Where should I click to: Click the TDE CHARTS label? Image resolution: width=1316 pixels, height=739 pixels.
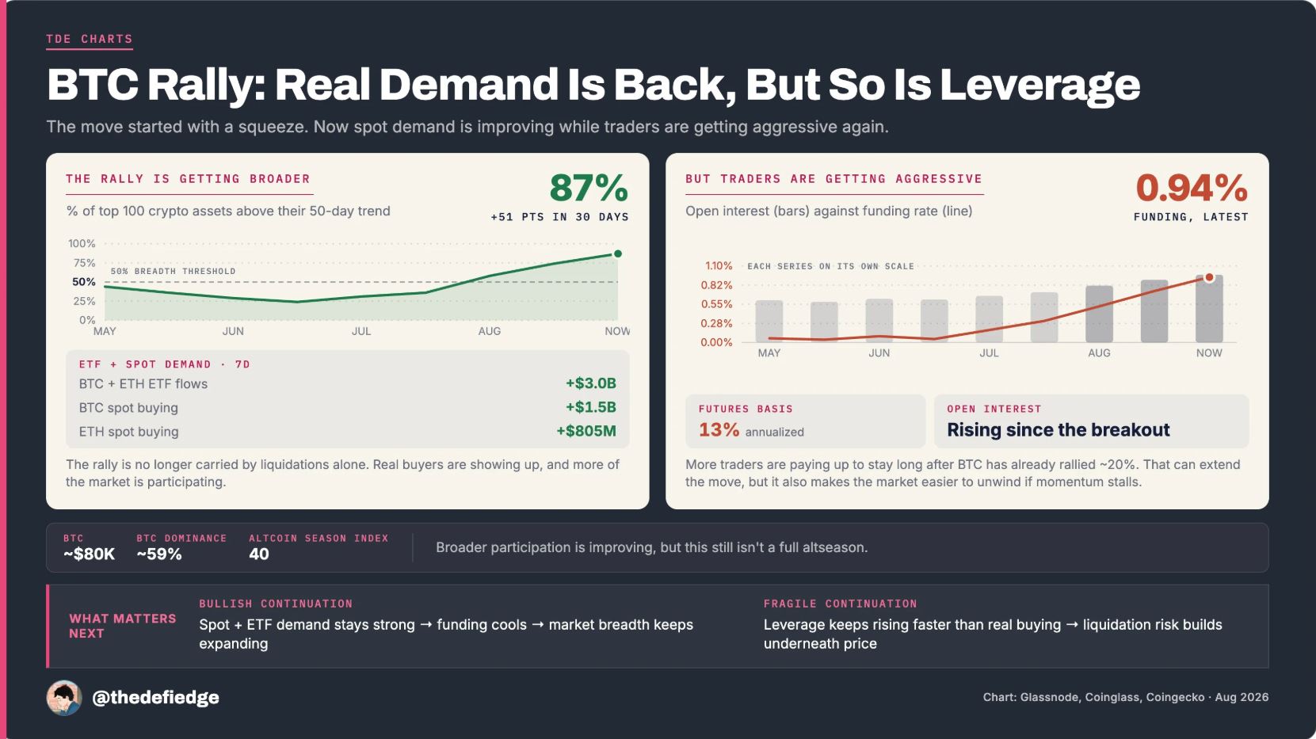(90, 39)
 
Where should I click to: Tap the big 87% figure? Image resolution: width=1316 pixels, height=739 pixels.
(589, 188)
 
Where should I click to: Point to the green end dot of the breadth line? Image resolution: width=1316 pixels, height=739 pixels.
(617, 253)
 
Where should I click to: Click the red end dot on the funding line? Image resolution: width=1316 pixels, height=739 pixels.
(1209, 277)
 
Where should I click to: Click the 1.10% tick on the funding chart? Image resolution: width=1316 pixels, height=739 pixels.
(719, 265)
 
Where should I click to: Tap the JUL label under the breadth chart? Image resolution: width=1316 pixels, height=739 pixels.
(361, 331)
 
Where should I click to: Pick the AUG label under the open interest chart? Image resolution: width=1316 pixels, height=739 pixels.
(1099, 353)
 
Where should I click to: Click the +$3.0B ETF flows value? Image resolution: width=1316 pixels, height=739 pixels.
(591, 383)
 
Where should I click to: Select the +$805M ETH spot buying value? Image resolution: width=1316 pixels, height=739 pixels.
(586, 431)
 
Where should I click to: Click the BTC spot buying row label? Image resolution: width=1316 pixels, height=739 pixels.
(128, 408)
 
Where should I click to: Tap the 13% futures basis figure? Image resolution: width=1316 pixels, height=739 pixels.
(719, 430)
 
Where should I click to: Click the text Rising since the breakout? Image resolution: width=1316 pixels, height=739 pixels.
(1058, 430)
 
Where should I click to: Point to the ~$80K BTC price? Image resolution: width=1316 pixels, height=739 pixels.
(90, 554)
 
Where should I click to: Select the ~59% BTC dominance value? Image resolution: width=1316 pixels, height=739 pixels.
(159, 554)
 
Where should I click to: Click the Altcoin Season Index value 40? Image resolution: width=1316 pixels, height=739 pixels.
(259, 554)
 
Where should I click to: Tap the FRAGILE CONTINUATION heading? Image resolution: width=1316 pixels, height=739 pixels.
(840, 604)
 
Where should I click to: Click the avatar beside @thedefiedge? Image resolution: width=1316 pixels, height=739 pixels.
(64, 698)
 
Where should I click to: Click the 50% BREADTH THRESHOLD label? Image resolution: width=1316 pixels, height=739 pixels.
(174, 271)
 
